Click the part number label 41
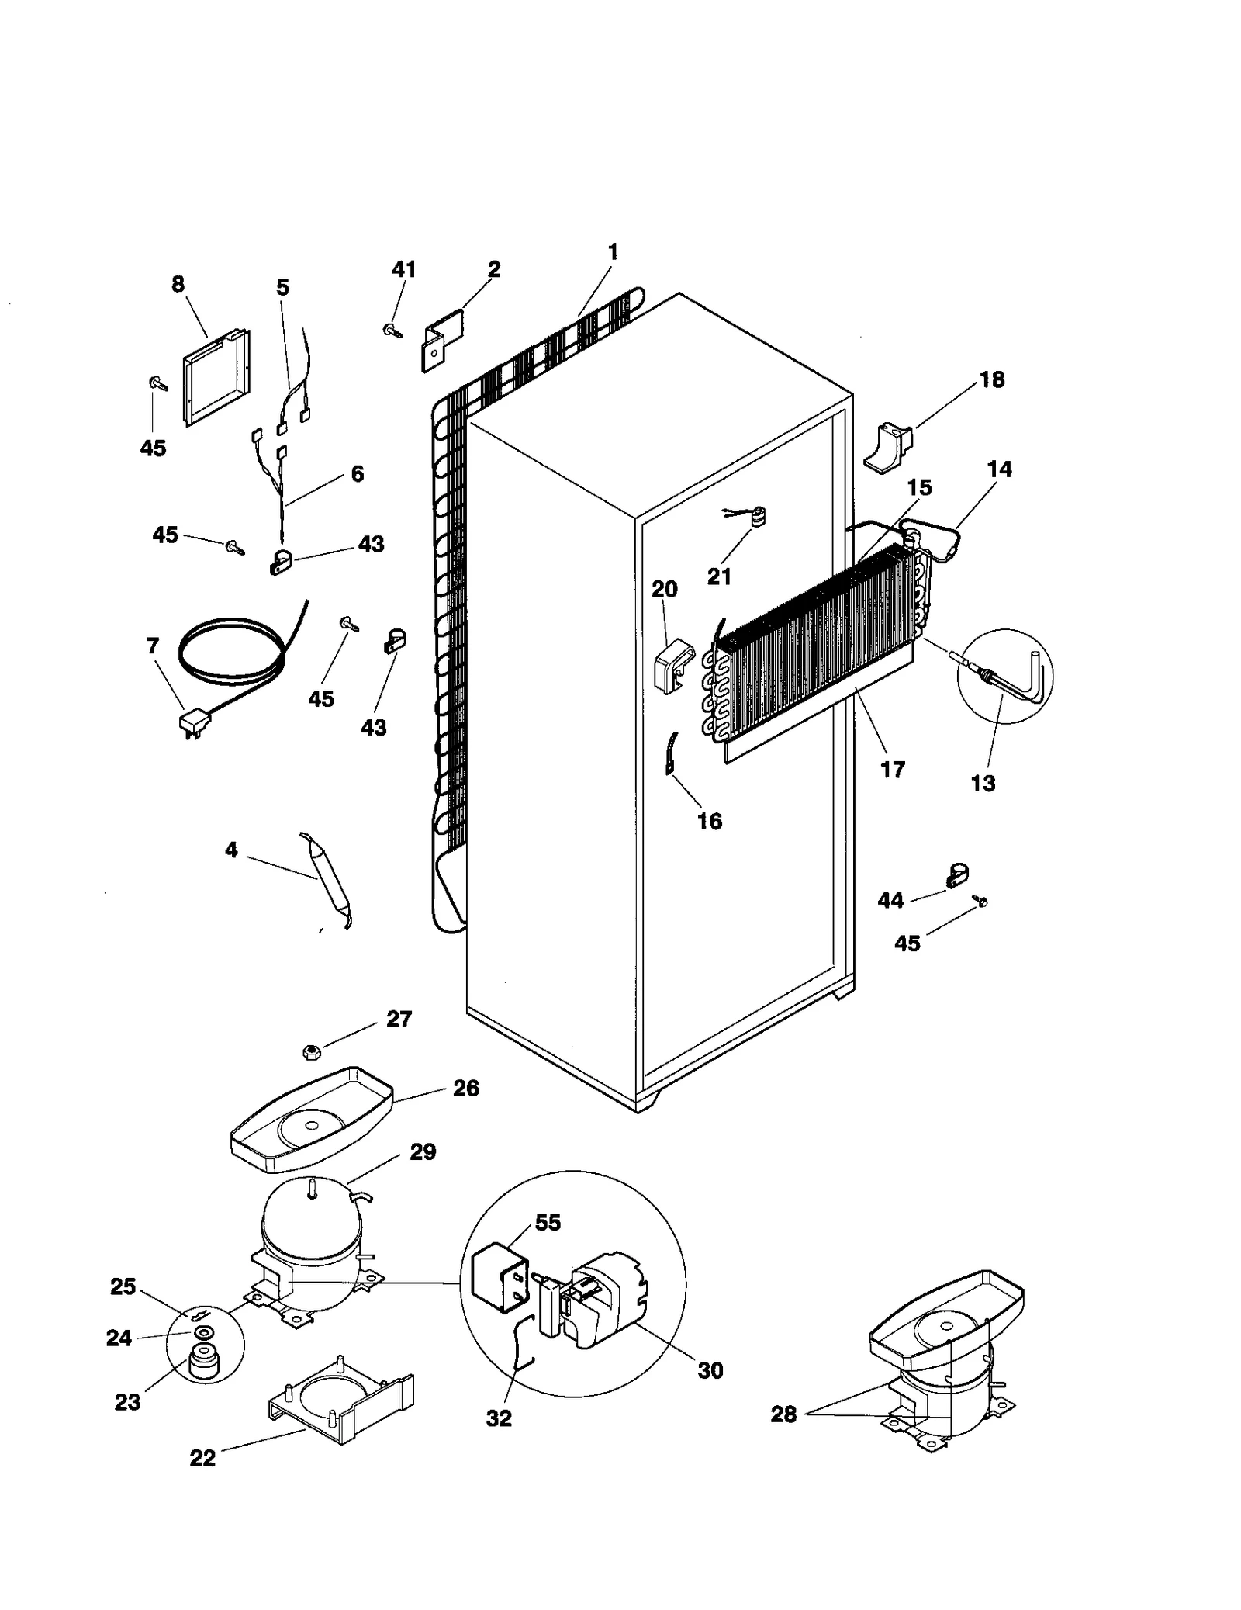pyautogui.click(x=403, y=269)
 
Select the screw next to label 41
pyautogui.click(x=392, y=331)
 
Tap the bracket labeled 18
pyautogui.click(x=888, y=446)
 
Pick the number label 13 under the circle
pyautogui.click(x=983, y=783)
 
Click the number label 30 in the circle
pyautogui.click(x=710, y=1370)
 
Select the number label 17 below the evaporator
pyautogui.click(x=893, y=770)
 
